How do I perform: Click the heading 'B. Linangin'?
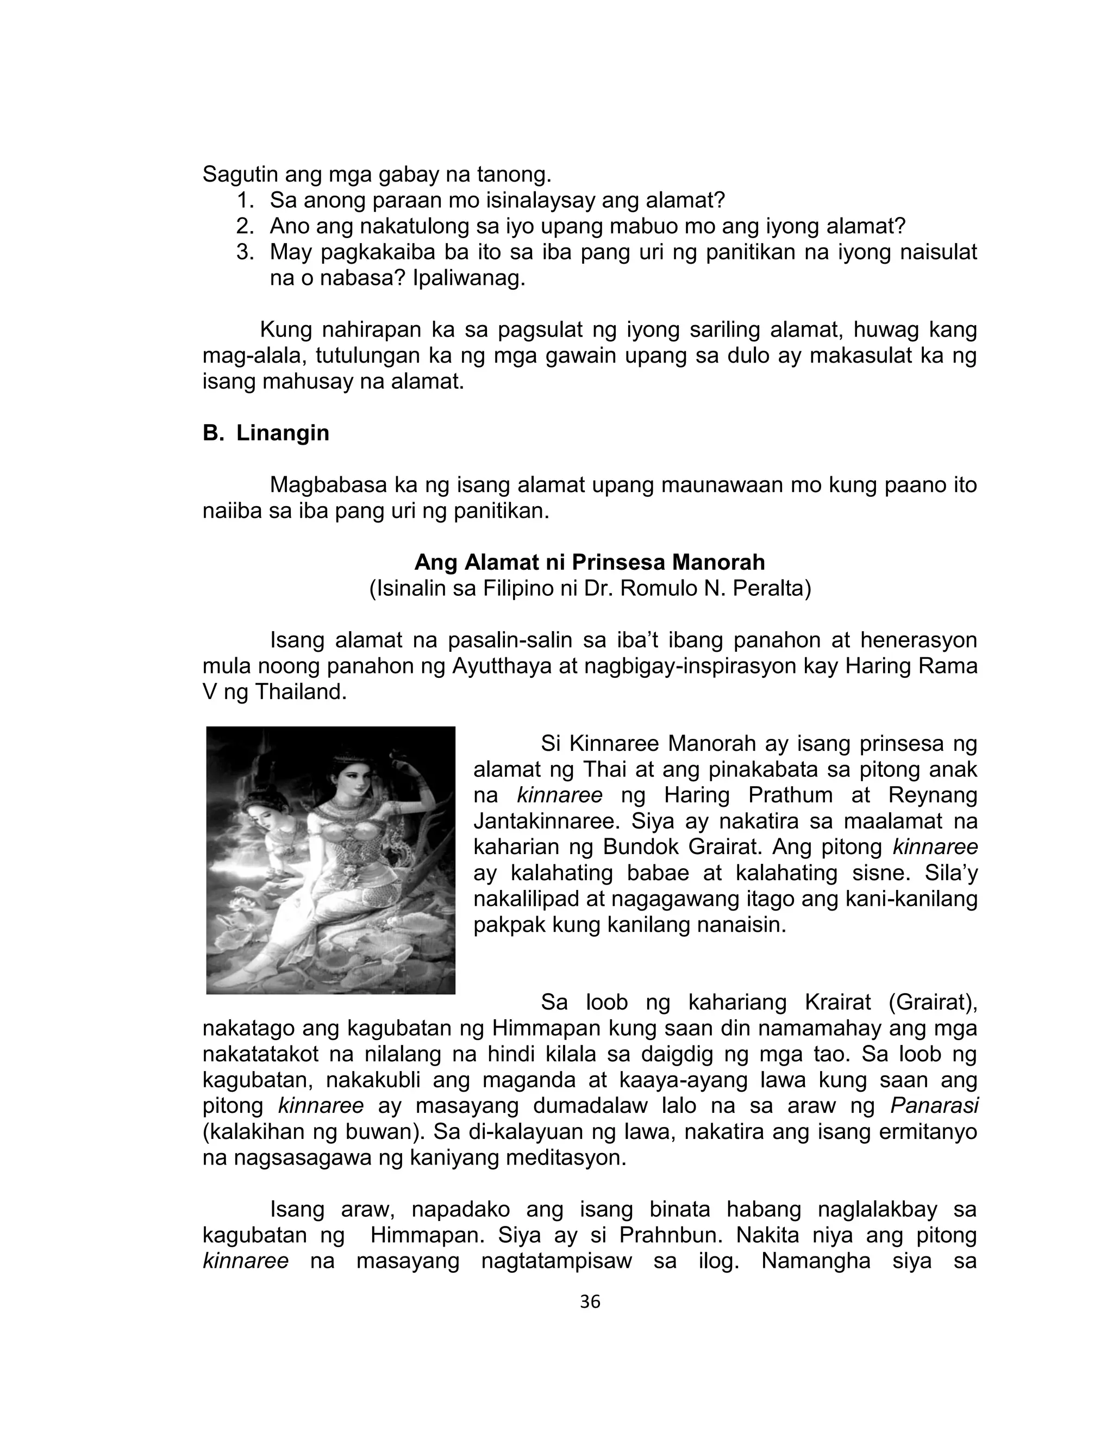[266, 433]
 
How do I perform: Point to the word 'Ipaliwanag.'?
[469, 278]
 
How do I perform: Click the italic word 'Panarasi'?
[934, 1106]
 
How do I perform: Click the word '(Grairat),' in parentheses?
[934, 1002]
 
